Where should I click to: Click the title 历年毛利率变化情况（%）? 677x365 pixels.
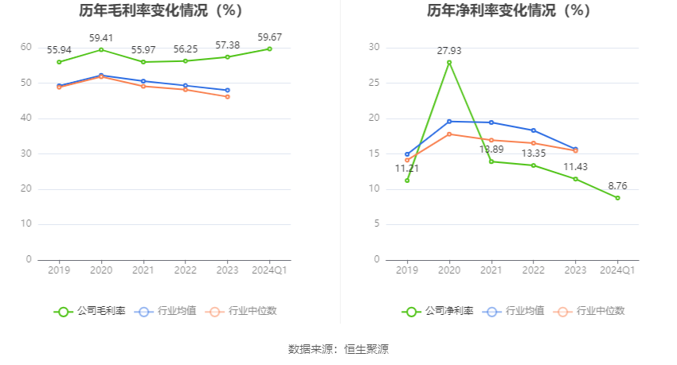(160, 11)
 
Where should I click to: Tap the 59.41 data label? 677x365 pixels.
(100, 37)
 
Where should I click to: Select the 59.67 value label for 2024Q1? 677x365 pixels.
(269, 37)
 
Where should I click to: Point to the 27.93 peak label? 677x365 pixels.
(448, 51)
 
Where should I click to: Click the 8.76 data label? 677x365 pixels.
(617, 186)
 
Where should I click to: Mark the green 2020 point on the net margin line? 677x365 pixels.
(449, 62)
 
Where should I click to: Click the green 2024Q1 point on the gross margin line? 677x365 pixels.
(269, 49)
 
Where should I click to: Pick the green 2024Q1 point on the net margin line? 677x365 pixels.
(617, 197)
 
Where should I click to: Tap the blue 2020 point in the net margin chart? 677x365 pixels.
(449, 121)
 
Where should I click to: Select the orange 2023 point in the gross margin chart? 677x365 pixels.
(227, 96)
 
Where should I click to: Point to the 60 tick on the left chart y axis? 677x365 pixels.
(26, 48)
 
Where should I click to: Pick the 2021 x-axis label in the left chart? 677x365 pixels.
(143, 270)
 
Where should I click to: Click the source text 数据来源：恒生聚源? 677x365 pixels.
(338, 349)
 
